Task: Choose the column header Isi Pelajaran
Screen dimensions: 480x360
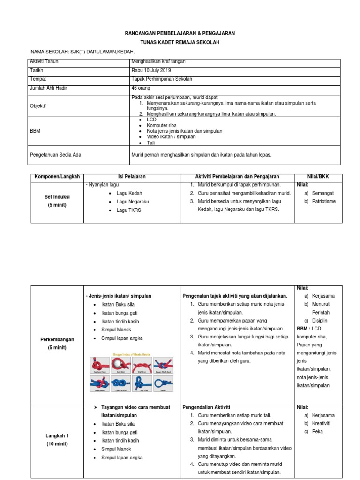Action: click(132, 177)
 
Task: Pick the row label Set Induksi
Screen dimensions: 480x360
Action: click(57, 197)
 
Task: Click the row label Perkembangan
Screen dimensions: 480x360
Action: click(57, 339)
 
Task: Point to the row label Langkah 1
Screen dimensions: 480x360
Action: click(57, 435)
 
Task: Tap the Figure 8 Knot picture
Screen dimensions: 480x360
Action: click(120, 384)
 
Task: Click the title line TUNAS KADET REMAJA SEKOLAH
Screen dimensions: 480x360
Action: click(180, 43)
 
